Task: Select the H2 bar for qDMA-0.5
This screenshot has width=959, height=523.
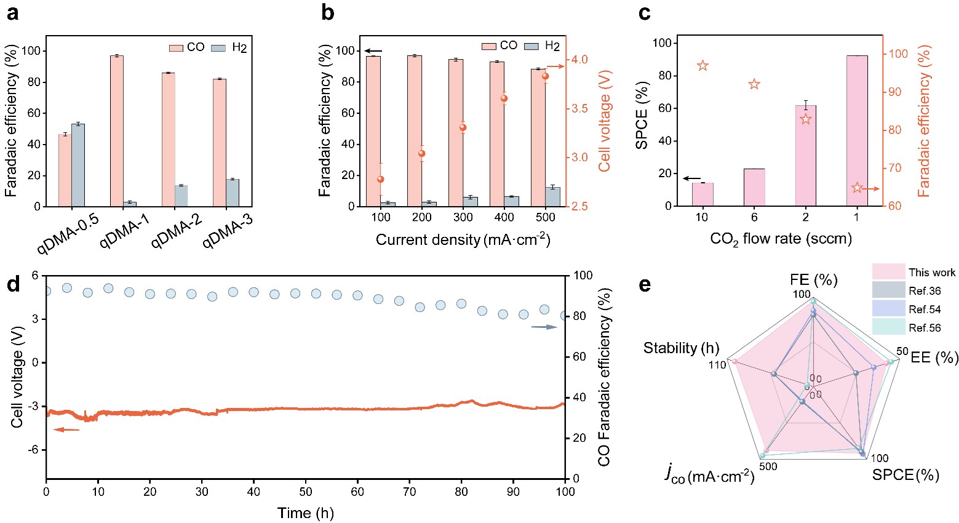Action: [x=78, y=165]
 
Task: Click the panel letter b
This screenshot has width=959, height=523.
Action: [x=327, y=12]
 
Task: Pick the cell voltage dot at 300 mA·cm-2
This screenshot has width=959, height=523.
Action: [x=463, y=128]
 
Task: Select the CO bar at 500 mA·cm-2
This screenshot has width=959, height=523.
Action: [x=539, y=138]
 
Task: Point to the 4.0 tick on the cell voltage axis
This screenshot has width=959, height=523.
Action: [x=579, y=60]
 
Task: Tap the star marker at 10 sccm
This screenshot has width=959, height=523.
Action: [x=702, y=66]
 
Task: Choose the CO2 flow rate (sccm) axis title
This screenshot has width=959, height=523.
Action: [x=781, y=239]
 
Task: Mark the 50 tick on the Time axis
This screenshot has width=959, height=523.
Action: [x=306, y=492]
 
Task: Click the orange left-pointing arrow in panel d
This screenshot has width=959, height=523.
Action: [x=66, y=429]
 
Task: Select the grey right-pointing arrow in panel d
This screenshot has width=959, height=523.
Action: [x=544, y=327]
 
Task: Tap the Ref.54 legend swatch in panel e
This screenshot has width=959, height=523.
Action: [x=888, y=309]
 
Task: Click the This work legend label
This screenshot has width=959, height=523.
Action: [x=932, y=273]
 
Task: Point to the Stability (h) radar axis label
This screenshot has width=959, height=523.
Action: [x=681, y=348]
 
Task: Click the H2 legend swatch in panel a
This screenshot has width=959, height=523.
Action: [x=219, y=48]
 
